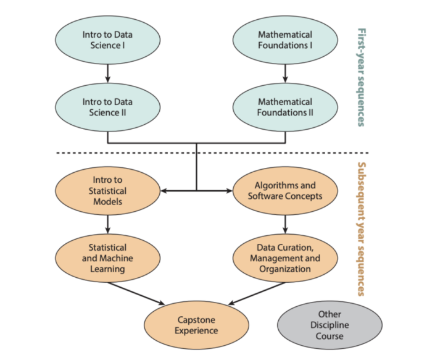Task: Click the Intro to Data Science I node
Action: click(x=108, y=40)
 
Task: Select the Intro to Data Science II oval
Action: click(x=108, y=107)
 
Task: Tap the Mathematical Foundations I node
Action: click(x=285, y=40)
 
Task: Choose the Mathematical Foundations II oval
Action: click(x=285, y=107)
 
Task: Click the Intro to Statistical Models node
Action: click(x=107, y=190)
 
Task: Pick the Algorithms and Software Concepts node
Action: click(x=285, y=190)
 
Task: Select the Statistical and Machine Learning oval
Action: click(x=107, y=257)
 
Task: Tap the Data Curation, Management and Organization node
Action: click(x=285, y=257)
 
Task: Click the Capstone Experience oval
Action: click(x=196, y=325)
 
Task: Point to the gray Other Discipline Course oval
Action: click(x=329, y=325)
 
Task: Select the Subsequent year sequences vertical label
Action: click(x=362, y=229)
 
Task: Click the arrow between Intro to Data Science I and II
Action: click(x=108, y=73)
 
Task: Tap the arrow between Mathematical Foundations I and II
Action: click(x=285, y=73)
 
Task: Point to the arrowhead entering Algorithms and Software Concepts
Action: click(x=228, y=190)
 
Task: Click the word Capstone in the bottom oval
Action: click(x=196, y=319)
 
